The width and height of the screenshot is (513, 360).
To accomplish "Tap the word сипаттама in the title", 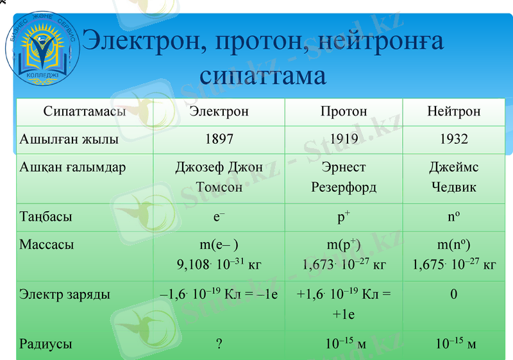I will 263,75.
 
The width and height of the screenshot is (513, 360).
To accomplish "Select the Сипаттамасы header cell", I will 85,112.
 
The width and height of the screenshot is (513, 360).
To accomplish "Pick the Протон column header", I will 344,112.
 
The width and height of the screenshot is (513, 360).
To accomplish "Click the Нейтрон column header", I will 453,112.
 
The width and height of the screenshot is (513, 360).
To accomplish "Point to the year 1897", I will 219,139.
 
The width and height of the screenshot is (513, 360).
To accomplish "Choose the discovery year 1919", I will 344,139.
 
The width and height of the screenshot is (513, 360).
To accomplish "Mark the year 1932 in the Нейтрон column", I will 453,139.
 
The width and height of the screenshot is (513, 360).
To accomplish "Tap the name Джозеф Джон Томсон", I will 219,178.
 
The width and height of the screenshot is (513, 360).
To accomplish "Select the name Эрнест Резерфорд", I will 344,178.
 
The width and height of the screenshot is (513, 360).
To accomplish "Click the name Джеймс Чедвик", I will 453,178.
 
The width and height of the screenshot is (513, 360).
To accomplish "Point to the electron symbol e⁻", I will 219,217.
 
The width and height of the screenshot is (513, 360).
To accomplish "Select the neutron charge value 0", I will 453,295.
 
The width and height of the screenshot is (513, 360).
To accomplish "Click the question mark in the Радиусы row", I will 219,344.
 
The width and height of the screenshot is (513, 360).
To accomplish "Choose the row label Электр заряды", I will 65,295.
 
